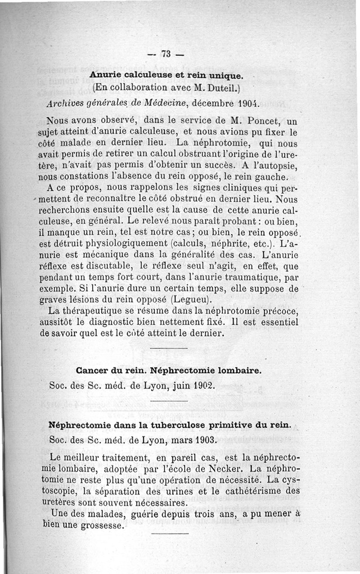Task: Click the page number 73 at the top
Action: pyautogui.click(x=166, y=54)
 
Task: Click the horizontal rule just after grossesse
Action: pyautogui.click(x=170, y=534)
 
